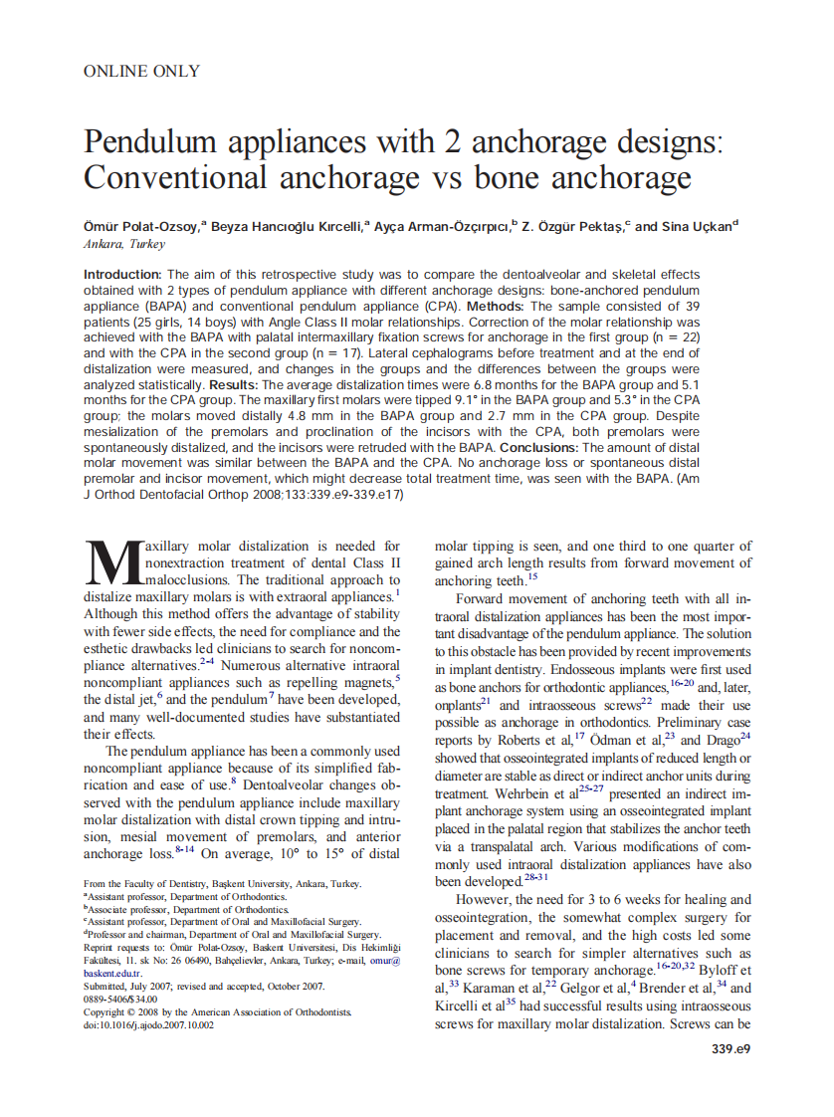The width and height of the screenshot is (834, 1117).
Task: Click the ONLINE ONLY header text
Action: pyautogui.click(x=141, y=71)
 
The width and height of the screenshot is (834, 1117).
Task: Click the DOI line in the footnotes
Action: pyautogui.click(x=148, y=1024)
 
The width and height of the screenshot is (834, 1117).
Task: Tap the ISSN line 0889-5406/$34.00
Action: pyautogui.click(x=120, y=999)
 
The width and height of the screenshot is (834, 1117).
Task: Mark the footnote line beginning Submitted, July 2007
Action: pyautogui.click(x=204, y=986)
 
